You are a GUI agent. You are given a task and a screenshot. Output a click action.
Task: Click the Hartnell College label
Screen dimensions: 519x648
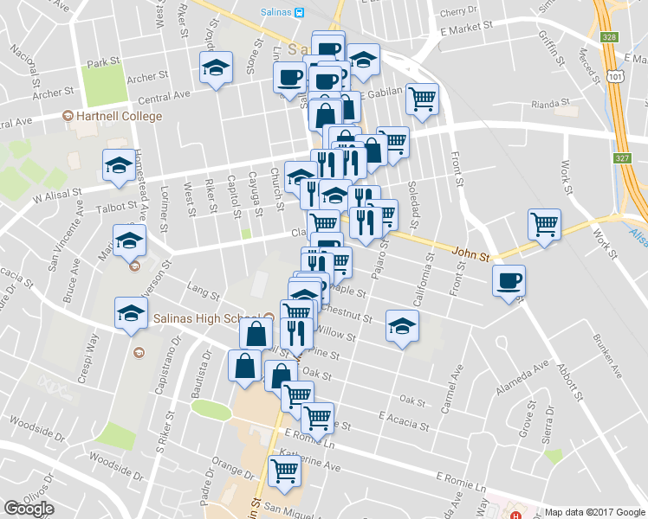[119, 117]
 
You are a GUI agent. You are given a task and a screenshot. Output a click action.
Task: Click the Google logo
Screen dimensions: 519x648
[29, 509]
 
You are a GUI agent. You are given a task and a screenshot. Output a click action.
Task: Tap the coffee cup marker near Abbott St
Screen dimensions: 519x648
[509, 280]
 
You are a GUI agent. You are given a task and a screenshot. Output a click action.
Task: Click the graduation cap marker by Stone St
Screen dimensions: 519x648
[216, 67]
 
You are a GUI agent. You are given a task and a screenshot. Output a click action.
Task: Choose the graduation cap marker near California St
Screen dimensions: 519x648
[401, 326]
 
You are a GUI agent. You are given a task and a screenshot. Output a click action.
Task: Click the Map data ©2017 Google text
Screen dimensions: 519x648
[595, 512]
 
